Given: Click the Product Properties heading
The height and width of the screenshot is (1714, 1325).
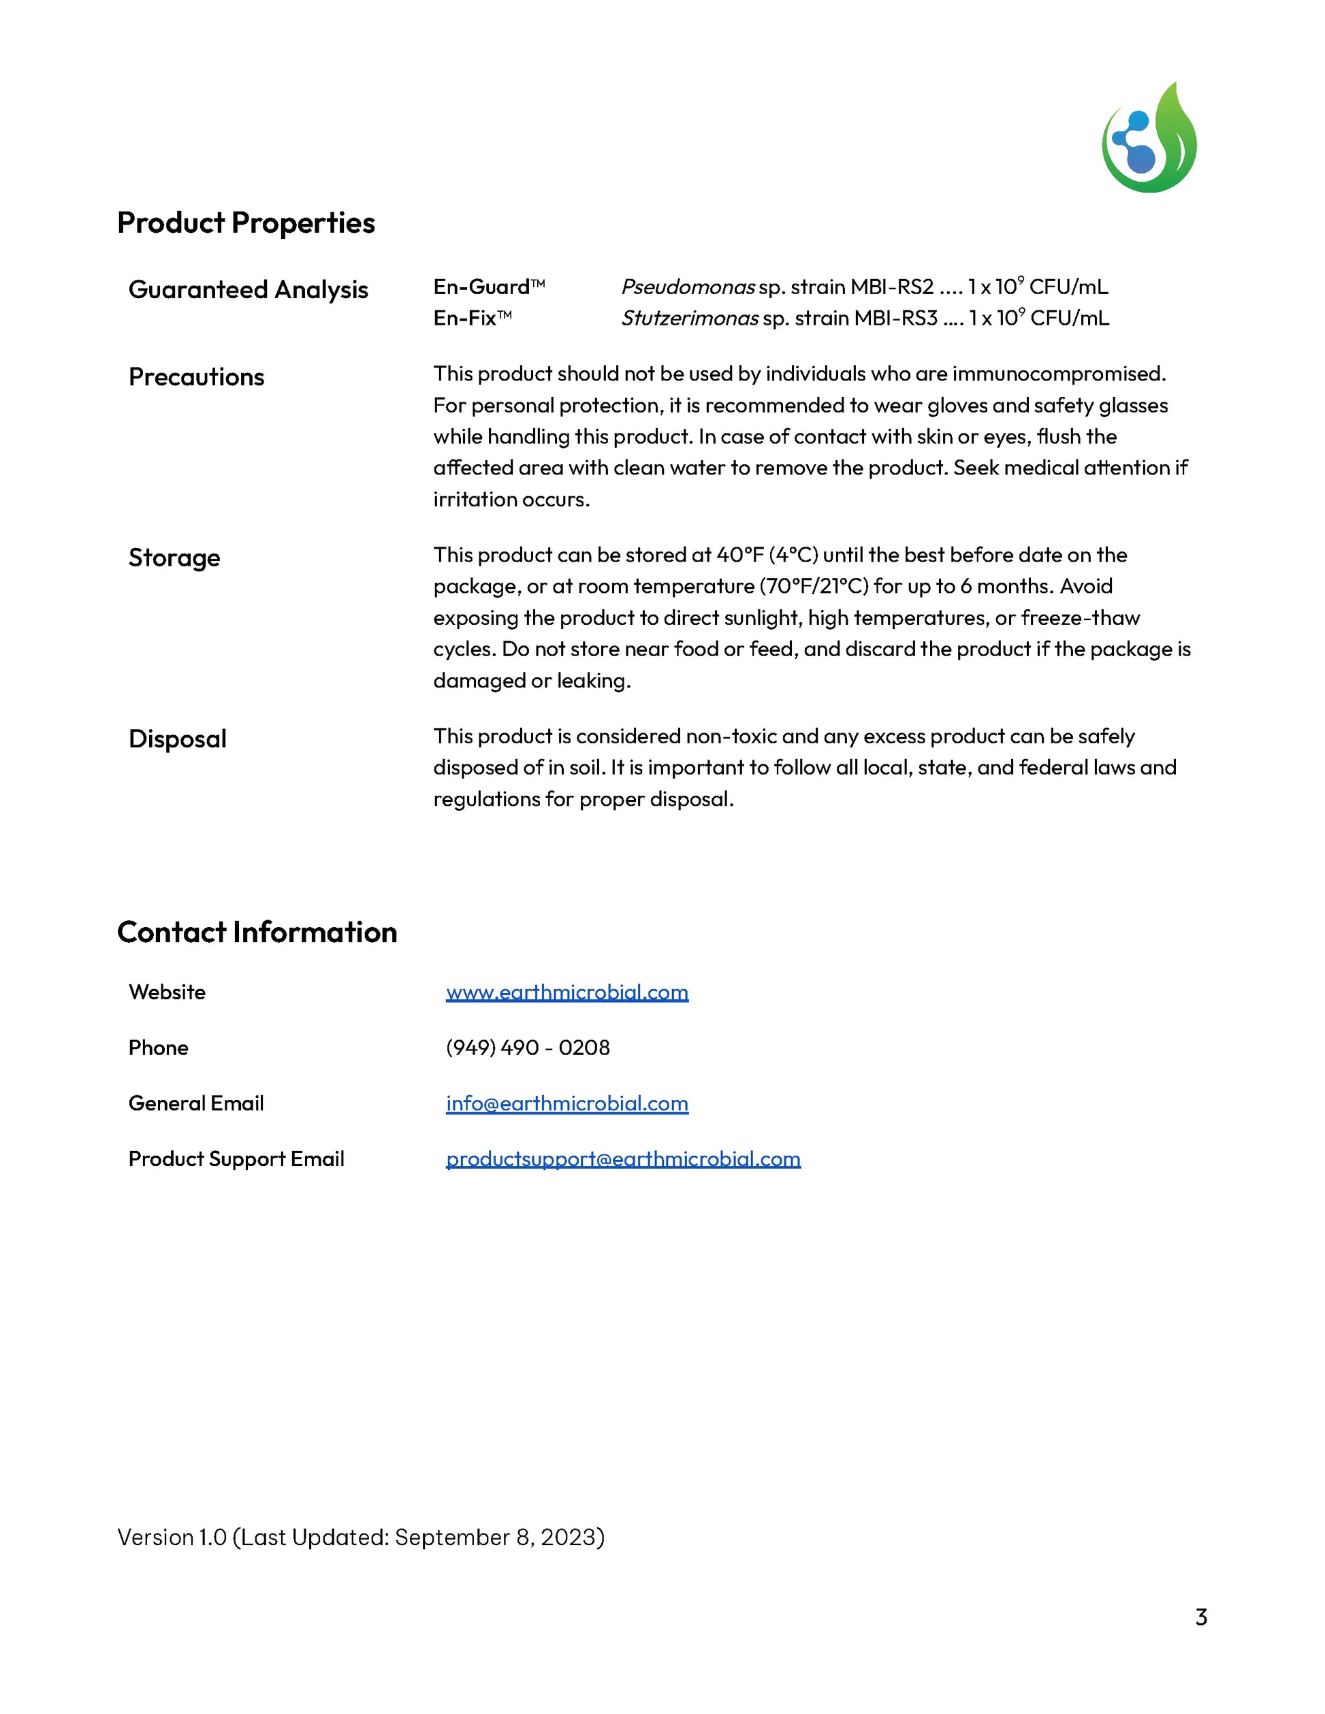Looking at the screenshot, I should [246, 223].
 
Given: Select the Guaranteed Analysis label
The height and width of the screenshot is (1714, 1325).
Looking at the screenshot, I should [248, 289].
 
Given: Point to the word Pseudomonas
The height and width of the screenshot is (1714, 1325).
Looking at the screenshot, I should [688, 287].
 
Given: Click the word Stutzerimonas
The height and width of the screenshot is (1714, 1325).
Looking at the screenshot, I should [689, 319].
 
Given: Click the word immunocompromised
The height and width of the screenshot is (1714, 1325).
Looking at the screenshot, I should [1059, 374].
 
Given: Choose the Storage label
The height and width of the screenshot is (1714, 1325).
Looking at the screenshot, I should [174, 558].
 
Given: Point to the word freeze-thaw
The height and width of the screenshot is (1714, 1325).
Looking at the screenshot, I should [1080, 619].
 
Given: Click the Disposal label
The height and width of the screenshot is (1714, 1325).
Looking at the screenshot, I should [178, 739].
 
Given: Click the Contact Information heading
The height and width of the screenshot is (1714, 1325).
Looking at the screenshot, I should [257, 933].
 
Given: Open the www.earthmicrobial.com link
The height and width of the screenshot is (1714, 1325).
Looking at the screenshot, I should [566, 992].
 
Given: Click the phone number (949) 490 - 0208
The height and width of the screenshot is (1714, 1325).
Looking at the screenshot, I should [528, 1048].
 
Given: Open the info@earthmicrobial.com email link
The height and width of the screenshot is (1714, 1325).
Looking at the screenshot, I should [566, 1103].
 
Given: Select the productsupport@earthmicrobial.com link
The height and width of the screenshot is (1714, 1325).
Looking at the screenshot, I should [623, 1159].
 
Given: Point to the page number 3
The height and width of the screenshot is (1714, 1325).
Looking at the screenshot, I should [1201, 1617].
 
